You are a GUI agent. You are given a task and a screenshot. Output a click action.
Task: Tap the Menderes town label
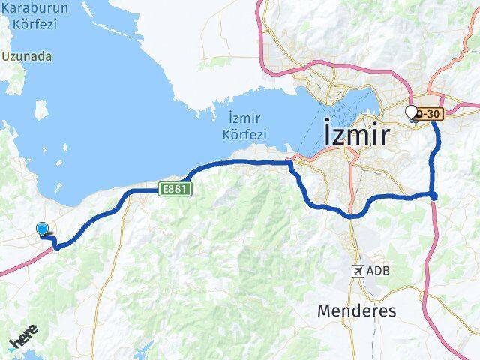point(357,310)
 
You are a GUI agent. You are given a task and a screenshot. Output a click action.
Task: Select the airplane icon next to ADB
point(358,271)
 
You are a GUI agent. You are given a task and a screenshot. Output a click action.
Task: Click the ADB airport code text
point(379,271)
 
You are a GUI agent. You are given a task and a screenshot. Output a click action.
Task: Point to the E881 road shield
point(175,190)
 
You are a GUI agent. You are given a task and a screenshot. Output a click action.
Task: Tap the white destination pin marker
point(410,112)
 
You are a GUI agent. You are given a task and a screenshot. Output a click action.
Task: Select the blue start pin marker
point(43,230)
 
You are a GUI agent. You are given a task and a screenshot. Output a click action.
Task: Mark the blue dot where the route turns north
point(433,196)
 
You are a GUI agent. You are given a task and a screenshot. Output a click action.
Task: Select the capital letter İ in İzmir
point(328,133)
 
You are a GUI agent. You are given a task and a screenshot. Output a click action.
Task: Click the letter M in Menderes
point(324,310)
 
